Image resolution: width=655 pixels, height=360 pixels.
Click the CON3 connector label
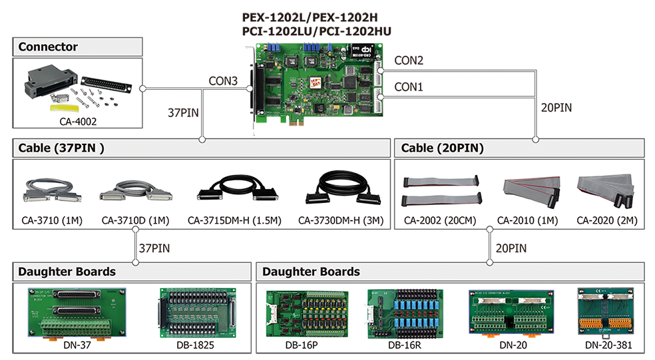pos(223,81)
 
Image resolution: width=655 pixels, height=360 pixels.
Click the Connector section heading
pos(48,47)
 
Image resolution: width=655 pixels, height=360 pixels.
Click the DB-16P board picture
pos(306,313)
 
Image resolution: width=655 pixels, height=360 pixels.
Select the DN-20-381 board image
pos(605,312)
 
